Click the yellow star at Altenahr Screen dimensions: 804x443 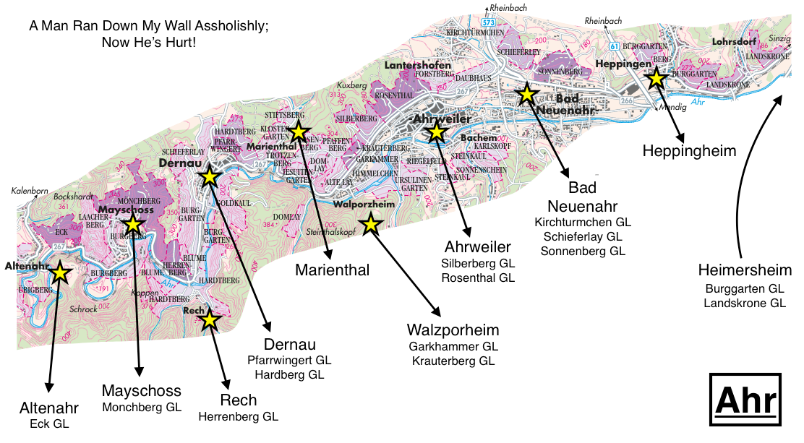pos(59,272)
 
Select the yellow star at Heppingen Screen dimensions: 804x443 pos(656,77)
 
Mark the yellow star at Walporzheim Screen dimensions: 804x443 pos(371,224)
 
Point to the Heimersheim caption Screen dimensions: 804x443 pos(745,270)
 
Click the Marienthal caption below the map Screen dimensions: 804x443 pos(333,270)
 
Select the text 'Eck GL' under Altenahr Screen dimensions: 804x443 pos(49,423)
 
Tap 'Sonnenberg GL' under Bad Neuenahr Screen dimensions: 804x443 pos(583,251)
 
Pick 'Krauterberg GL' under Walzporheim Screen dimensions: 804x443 pos(453,361)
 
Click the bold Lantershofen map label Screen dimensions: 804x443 pos(418,65)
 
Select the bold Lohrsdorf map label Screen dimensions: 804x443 pos(733,42)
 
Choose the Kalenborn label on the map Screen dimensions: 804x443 pos(30,191)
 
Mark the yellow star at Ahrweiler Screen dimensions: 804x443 pos(436,132)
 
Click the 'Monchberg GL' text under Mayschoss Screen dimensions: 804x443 pos(142,407)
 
